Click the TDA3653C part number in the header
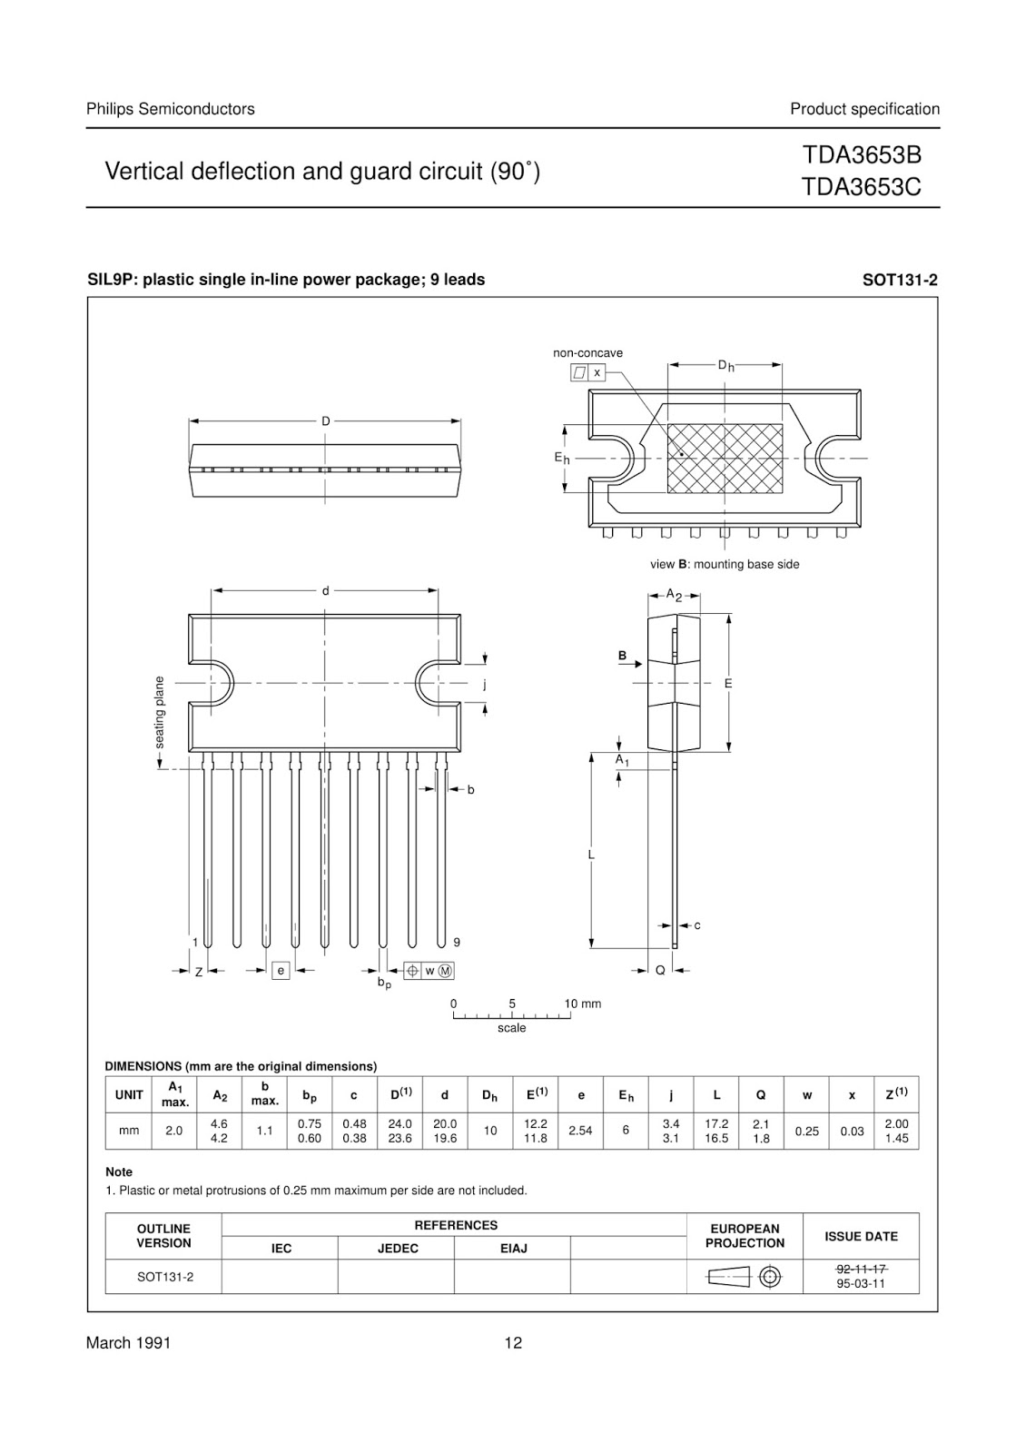[x=861, y=187]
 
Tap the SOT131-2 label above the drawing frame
[x=899, y=281]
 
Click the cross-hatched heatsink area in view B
[x=725, y=459]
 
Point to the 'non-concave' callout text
[x=587, y=353]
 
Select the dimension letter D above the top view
[x=325, y=421]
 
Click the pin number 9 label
[x=457, y=943]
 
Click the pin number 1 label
[x=195, y=943]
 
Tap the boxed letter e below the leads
[x=281, y=971]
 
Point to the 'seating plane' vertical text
[x=160, y=713]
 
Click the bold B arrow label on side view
[x=623, y=656]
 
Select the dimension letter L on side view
[x=591, y=855]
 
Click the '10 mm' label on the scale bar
[x=583, y=1003]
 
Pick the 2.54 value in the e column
[x=580, y=1131]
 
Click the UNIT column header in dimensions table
[x=129, y=1095]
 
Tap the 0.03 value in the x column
[x=852, y=1131]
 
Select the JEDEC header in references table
[x=398, y=1249]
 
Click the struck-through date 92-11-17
[x=861, y=1269]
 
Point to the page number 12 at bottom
[x=513, y=1343]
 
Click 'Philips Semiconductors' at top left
[x=170, y=109]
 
